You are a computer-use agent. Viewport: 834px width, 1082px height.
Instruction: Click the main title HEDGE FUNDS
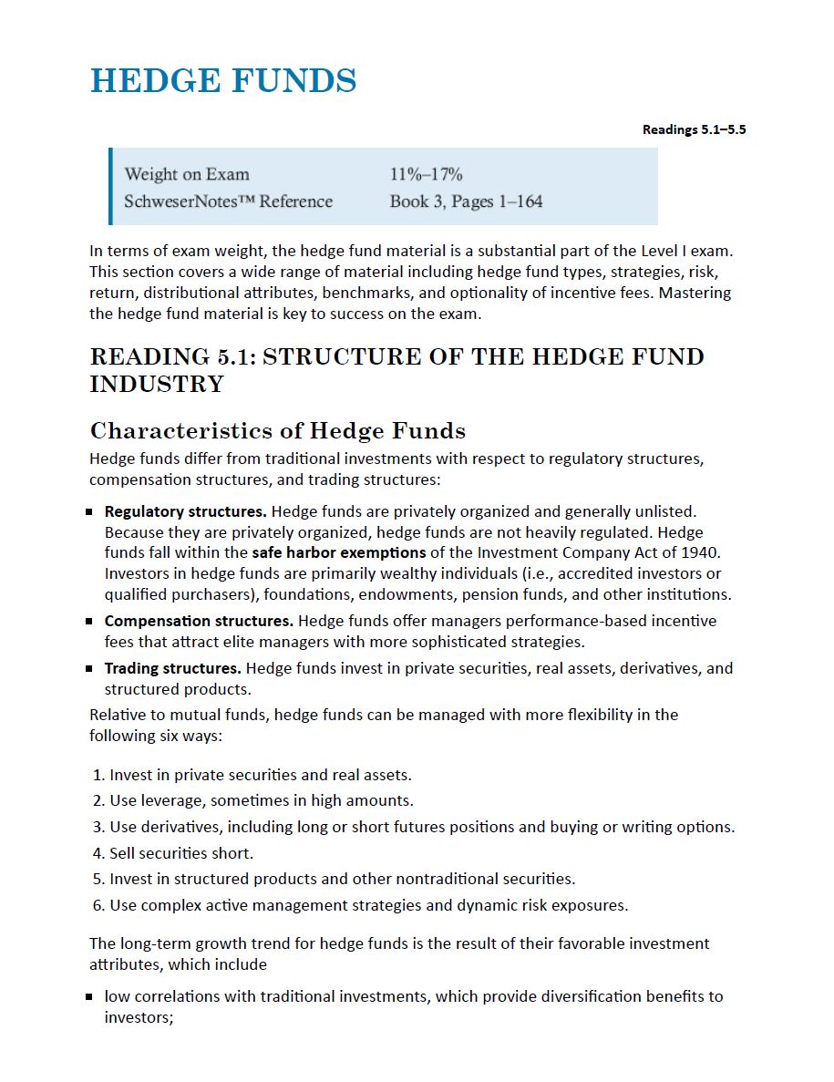click(x=223, y=81)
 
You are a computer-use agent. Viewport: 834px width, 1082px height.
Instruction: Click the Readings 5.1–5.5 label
click(x=694, y=129)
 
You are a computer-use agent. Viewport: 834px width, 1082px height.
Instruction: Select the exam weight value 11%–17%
click(x=426, y=174)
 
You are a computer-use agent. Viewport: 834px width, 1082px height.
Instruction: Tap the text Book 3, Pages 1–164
click(x=466, y=201)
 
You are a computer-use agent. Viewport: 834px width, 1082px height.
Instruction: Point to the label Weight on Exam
click(x=187, y=174)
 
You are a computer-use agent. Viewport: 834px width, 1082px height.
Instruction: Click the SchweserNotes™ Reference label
click(x=228, y=201)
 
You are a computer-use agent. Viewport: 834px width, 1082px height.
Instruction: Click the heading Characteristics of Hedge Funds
click(x=278, y=430)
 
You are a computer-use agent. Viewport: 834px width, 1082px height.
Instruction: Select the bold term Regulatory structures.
click(x=185, y=511)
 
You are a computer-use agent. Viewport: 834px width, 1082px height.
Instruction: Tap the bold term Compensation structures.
click(x=199, y=621)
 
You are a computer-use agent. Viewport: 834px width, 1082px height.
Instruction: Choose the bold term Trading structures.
click(x=173, y=668)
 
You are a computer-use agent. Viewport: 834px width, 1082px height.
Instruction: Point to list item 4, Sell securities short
click(x=180, y=853)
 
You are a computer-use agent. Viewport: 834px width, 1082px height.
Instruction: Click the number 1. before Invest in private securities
click(x=98, y=775)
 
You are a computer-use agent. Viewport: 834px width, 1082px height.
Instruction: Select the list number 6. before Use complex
click(x=98, y=905)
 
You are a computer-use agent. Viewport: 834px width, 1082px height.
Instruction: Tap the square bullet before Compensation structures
click(x=90, y=622)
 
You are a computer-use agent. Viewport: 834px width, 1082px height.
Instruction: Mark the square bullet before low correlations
click(x=90, y=997)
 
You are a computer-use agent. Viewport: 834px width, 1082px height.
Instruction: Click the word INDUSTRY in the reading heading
click(x=157, y=384)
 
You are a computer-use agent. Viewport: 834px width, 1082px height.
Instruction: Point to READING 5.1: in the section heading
click(x=171, y=356)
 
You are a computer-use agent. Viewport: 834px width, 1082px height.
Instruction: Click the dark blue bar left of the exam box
click(x=110, y=187)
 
